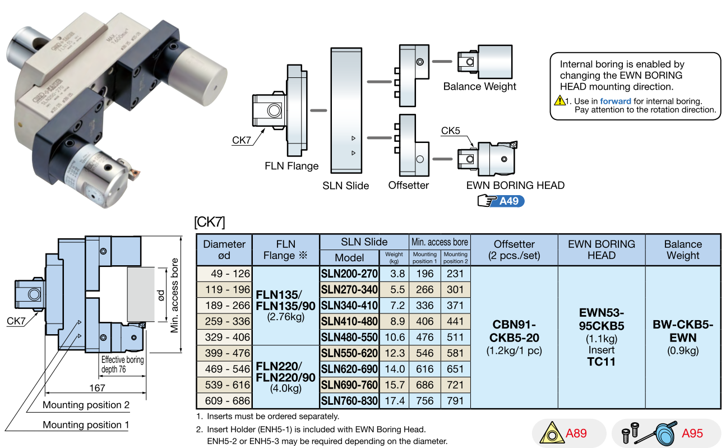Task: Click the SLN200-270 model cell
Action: point(349,274)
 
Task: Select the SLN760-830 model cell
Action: point(349,401)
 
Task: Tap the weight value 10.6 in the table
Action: point(394,338)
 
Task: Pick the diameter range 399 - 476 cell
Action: point(224,353)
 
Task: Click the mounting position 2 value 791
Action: point(455,401)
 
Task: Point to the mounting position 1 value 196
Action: point(424,274)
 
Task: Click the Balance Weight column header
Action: point(682,250)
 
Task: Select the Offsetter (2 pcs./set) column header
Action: point(514,250)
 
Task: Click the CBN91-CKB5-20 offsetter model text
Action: point(514,331)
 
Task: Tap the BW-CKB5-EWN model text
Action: point(682,331)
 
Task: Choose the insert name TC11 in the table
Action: point(601,362)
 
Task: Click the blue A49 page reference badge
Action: point(508,201)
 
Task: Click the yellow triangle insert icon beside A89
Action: point(551,433)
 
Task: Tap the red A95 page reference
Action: point(692,433)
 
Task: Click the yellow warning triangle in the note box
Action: point(559,101)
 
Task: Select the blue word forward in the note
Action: point(615,101)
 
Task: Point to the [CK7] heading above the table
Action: point(209,222)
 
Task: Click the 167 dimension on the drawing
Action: point(96,388)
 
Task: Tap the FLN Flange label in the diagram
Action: point(292,166)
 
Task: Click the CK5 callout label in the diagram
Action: point(450,131)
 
